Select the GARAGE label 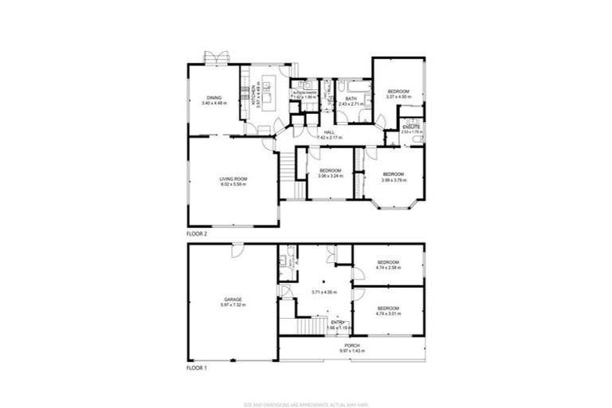pos(232,299)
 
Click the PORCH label pos(351,346)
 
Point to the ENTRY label pos(338,321)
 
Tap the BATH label pos(351,99)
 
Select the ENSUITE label pos(411,127)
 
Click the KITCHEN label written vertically pos(253,96)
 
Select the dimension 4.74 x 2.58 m pos(388,268)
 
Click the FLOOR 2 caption pos(196,234)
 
